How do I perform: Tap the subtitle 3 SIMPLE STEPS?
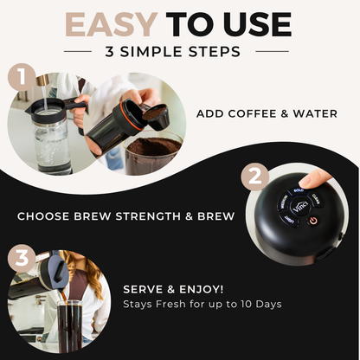180,52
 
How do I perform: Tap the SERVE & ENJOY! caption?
172,288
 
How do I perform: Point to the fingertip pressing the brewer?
318,177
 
